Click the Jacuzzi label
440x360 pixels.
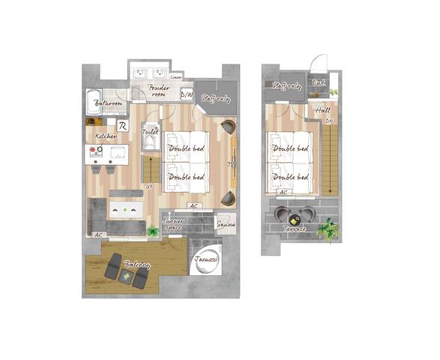click(x=205, y=259)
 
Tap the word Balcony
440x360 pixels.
click(x=137, y=265)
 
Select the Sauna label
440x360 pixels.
click(x=226, y=223)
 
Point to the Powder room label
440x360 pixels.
click(x=159, y=91)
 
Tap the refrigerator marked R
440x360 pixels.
click(x=122, y=125)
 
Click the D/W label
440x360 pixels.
click(x=187, y=95)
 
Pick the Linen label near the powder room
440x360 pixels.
click(x=175, y=76)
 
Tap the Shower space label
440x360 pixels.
click(x=172, y=223)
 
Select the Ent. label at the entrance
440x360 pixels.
click(x=318, y=83)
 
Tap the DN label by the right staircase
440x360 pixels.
click(x=328, y=121)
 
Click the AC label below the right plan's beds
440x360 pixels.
click(x=284, y=192)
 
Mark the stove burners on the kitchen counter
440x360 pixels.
click(x=96, y=154)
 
